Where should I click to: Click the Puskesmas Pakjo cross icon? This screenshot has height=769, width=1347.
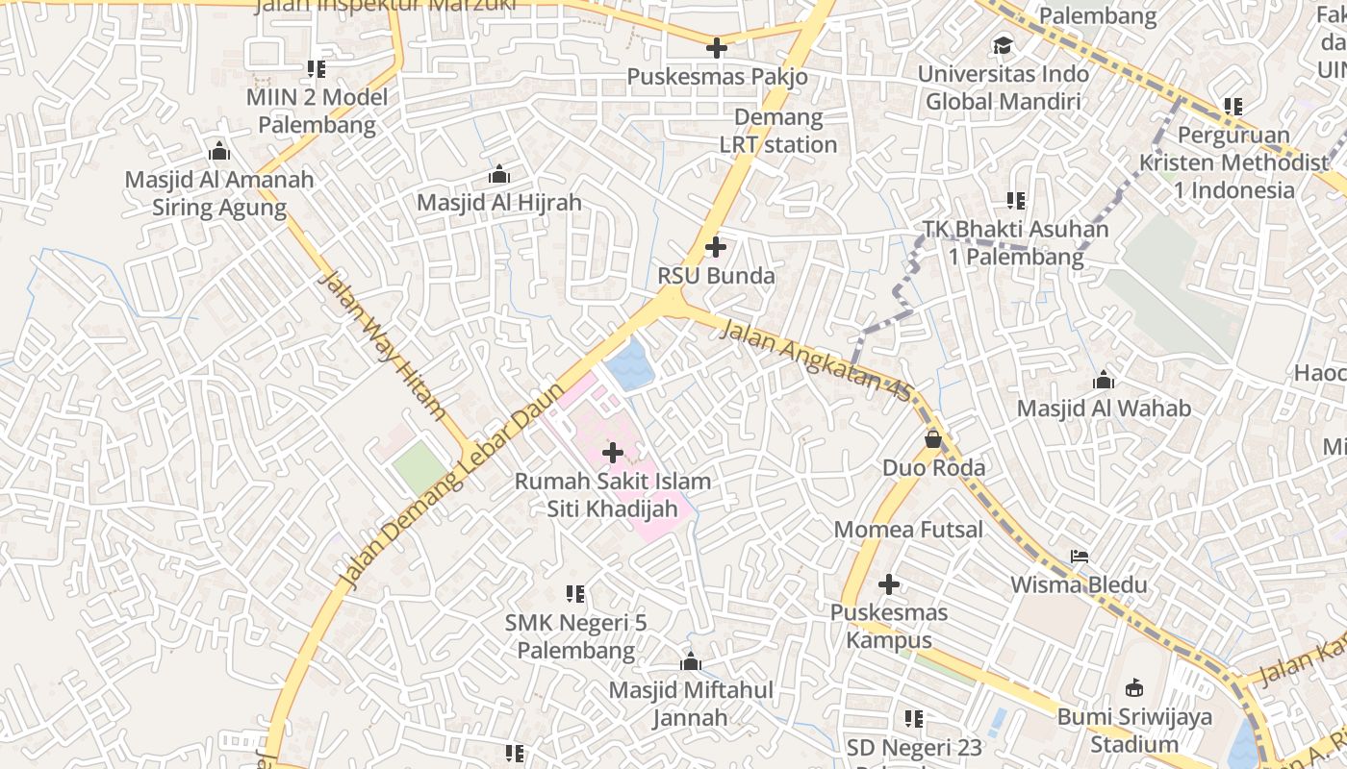(716, 47)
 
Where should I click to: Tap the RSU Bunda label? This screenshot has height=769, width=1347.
(716, 276)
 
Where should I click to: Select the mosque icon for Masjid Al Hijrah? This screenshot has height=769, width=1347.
(498, 175)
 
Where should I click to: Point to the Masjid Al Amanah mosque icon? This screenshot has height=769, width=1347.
(219, 152)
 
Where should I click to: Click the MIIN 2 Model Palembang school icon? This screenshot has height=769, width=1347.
(316, 69)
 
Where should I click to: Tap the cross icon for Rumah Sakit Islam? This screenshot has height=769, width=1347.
(612, 452)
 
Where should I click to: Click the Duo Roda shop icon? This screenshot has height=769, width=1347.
(932, 439)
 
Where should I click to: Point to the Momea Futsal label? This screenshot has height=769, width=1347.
(908, 530)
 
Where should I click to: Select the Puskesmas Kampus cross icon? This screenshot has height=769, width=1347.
(889, 583)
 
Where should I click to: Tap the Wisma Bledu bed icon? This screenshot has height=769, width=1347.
(1080, 557)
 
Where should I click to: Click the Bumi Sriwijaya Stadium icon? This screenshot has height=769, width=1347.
(1134, 688)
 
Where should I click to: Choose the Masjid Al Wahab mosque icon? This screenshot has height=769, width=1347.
(1104, 380)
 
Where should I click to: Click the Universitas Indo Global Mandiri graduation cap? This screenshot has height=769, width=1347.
(1003, 45)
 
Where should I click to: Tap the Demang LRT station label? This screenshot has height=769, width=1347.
(778, 132)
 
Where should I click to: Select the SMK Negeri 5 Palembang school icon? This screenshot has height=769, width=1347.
(575, 594)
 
